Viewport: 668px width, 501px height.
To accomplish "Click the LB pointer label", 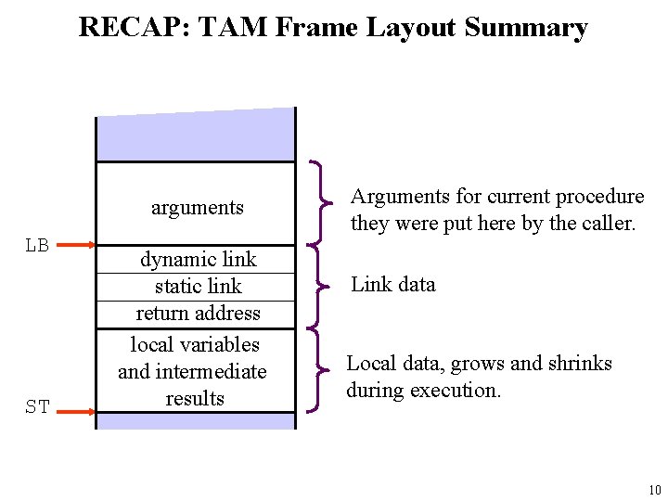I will click(38, 246).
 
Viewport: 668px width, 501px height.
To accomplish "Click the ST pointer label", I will click(38, 406).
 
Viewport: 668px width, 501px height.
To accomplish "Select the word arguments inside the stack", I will click(197, 208).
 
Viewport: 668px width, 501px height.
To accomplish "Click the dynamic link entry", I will click(198, 259).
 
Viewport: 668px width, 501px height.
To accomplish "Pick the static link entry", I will click(198, 286).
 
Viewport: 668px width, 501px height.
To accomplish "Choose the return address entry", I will click(198, 313).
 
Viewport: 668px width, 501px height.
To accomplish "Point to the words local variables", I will click(195, 344).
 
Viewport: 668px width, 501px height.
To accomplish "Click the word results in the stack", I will click(195, 398).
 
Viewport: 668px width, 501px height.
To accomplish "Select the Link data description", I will click(392, 284).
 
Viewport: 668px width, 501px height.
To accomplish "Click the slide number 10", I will click(654, 490).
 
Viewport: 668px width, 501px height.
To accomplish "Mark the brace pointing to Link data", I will click(320, 285).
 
